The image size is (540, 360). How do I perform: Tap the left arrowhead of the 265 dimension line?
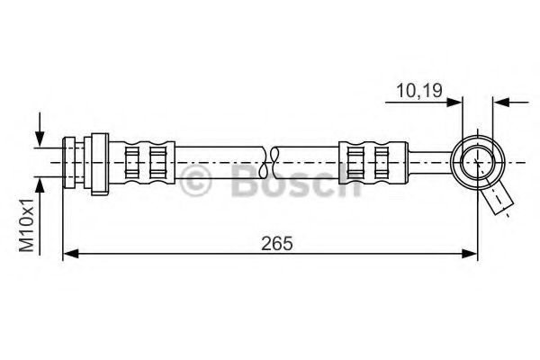click(x=70, y=256)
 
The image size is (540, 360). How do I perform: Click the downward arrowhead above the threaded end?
click(x=38, y=140)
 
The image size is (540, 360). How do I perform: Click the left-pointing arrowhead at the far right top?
click(x=501, y=101)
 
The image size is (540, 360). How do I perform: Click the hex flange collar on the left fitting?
click(x=100, y=162)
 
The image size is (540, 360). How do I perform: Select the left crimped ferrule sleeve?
click(x=146, y=162)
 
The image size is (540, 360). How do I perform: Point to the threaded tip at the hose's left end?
click(x=69, y=162)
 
